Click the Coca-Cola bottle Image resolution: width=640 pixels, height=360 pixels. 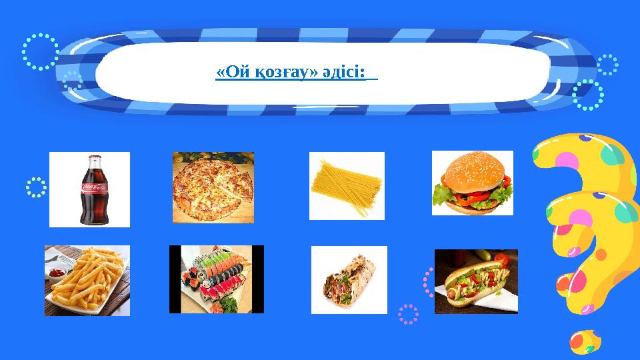click(x=90, y=190)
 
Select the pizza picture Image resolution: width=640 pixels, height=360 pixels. click(x=213, y=187)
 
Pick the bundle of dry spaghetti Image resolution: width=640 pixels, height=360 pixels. click(x=347, y=186)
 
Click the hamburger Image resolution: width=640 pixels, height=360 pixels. click(x=473, y=183)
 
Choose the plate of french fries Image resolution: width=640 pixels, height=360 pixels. click(x=87, y=280)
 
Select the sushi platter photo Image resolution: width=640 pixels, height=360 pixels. click(x=217, y=279)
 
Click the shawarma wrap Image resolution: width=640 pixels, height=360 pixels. click(x=349, y=279)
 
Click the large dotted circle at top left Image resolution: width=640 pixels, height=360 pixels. click(x=41, y=51)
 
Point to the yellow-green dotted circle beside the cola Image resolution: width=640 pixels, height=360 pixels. click(x=37, y=187)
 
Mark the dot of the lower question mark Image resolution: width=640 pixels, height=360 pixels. click(x=585, y=341)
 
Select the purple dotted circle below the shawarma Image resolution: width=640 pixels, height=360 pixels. click(x=408, y=314)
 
